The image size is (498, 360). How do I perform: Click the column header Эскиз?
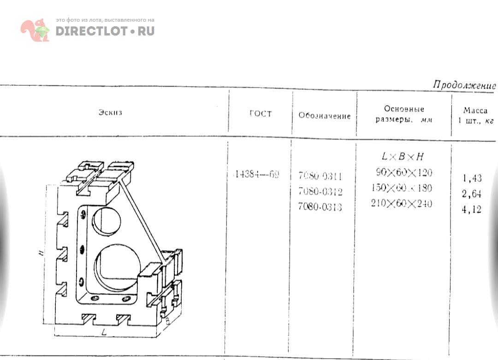(x=110, y=112)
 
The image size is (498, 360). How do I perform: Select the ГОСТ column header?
(x=261, y=114)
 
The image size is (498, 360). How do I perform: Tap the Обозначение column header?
(x=324, y=116)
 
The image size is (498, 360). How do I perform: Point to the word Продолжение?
(x=464, y=86)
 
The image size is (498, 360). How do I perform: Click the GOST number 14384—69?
(x=256, y=175)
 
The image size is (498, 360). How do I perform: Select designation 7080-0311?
(x=320, y=176)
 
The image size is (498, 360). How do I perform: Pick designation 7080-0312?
(x=320, y=191)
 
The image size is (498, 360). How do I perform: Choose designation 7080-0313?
(x=320, y=207)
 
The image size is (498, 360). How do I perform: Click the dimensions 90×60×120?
(x=404, y=173)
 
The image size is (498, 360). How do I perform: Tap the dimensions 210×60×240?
(x=402, y=203)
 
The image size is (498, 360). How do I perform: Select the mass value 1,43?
(x=472, y=178)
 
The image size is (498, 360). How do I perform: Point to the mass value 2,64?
(x=472, y=194)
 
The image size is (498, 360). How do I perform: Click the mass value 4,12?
(x=472, y=209)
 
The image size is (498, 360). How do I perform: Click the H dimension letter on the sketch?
(x=41, y=252)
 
